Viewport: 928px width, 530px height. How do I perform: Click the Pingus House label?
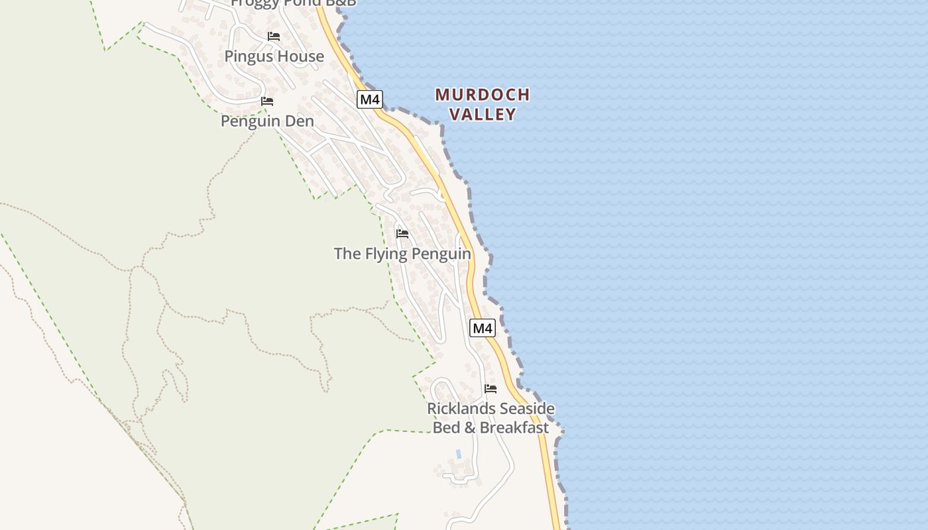[x=274, y=56]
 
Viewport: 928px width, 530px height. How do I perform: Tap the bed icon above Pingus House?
[x=273, y=36]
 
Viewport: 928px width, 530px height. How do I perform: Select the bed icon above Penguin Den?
[x=267, y=101]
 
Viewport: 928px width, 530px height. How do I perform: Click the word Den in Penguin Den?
[x=299, y=122]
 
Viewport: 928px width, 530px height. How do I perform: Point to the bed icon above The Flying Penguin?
[x=402, y=234]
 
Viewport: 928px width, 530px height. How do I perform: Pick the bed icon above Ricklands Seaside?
[x=491, y=389]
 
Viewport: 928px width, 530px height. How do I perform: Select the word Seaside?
[x=527, y=409]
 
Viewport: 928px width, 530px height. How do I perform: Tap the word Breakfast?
[x=514, y=428]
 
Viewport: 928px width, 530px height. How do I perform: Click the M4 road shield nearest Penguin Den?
[x=370, y=99]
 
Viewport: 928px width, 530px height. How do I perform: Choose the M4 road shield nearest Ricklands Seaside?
[x=483, y=327]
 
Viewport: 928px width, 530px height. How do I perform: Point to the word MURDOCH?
[x=483, y=95]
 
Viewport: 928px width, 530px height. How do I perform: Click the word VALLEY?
[x=483, y=114]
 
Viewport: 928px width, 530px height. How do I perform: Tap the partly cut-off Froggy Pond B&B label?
[x=293, y=3]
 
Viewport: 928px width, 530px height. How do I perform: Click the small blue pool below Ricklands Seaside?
[x=458, y=454]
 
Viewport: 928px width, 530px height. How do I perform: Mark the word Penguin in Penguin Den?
[x=252, y=122]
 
